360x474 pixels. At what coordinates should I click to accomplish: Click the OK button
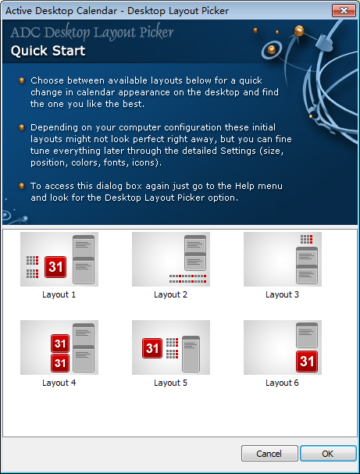pyautogui.click(x=328, y=454)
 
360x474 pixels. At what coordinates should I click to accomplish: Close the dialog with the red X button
pyautogui.click(x=344, y=11)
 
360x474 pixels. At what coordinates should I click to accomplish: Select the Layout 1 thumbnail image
pyautogui.click(x=59, y=259)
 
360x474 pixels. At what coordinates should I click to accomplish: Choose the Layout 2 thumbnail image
pyautogui.click(x=171, y=259)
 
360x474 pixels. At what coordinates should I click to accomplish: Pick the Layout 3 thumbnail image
pyautogui.click(x=283, y=259)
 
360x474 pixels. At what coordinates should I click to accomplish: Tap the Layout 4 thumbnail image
pyautogui.click(x=59, y=347)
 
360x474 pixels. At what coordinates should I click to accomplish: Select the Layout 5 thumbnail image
pyautogui.click(x=171, y=347)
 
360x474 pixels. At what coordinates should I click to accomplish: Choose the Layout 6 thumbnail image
pyautogui.click(x=283, y=347)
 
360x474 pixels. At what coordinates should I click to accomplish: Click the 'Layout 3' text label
pyautogui.click(x=283, y=294)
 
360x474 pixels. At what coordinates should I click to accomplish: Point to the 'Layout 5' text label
pyautogui.click(x=170, y=383)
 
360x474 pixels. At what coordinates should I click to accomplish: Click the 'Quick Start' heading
pyautogui.click(x=48, y=51)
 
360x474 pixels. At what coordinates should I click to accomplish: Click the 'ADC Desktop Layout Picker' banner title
pyautogui.click(x=92, y=32)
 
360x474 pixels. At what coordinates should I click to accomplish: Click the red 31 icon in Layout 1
pyautogui.click(x=55, y=267)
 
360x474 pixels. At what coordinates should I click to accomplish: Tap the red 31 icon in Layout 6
pyautogui.click(x=307, y=362)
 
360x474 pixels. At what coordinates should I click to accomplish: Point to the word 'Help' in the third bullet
pyautogui.click(x=244, y=186)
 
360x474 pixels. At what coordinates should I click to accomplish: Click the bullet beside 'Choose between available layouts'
pyautogui.click(x=21, y=80)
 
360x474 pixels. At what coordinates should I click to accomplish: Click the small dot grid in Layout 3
pyautogui.click(x=306, y=239)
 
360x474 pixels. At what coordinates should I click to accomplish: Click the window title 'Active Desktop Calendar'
pyautogui.click(x=61, y=11)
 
